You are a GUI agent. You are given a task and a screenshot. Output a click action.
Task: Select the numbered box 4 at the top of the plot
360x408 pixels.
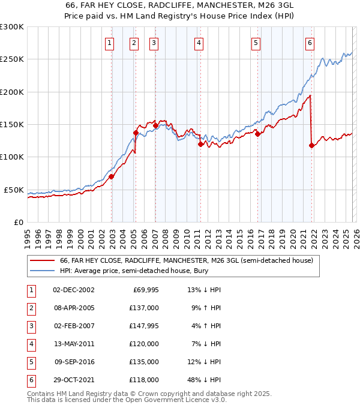(x=198, y=43)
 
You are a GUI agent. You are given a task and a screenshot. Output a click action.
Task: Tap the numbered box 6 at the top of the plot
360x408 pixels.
(x=310, y=43)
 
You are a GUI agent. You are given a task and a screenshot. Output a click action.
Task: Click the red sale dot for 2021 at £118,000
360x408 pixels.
(x=311, y=145)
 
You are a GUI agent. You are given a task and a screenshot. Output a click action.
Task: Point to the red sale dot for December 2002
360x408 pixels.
(x=112, y=176)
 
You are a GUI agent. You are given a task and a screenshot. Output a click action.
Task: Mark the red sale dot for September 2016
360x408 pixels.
(x=257, y=134)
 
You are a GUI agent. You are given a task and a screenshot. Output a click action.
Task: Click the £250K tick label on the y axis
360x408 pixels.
(x=12, y=59)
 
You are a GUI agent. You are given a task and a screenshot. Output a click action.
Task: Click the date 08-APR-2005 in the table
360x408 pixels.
(x=74, y=307)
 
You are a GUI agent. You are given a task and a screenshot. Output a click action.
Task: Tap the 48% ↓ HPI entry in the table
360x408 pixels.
(x=203, y=379)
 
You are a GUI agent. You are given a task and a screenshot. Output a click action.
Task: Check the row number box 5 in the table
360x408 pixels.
(x=30, y=361)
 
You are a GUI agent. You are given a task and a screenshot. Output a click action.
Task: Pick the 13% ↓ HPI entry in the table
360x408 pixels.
(x=203, y=289)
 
